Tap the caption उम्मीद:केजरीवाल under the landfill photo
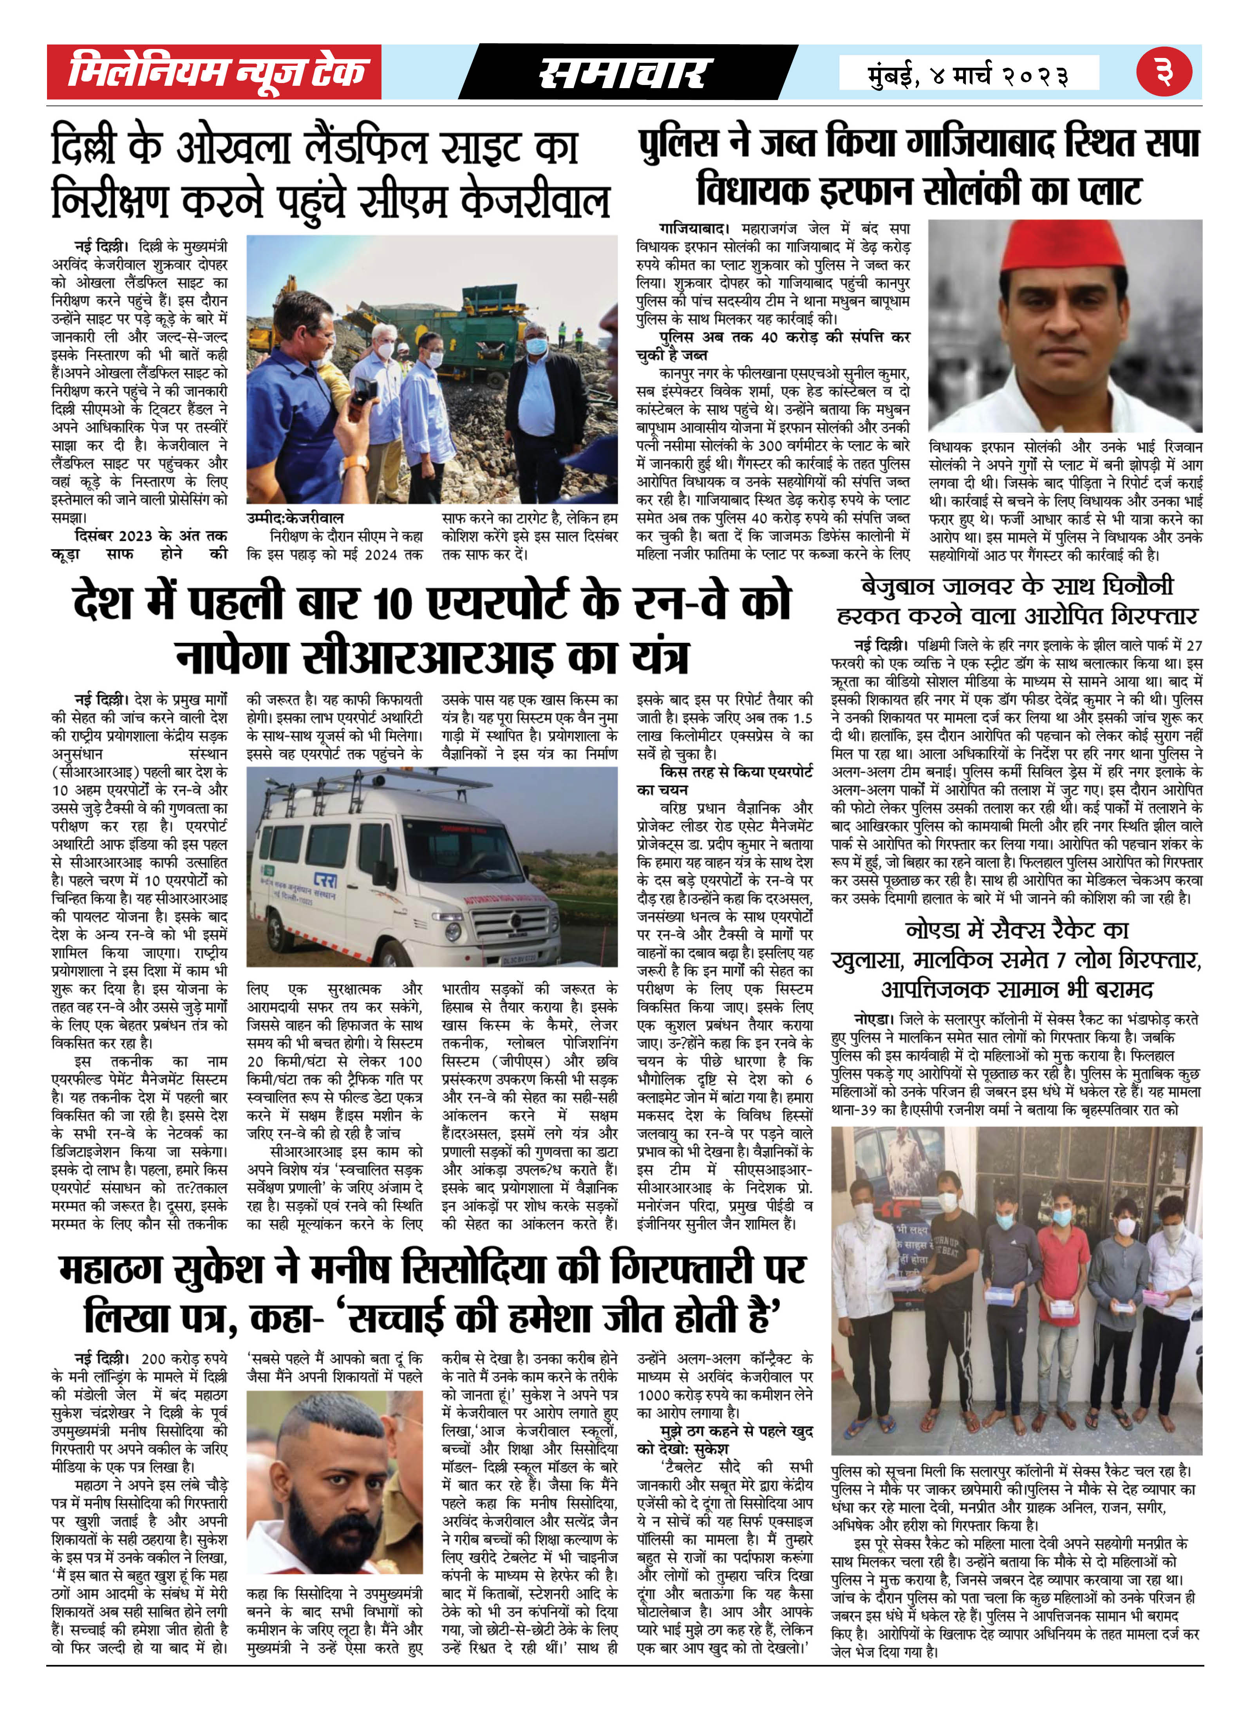[295, 518]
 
